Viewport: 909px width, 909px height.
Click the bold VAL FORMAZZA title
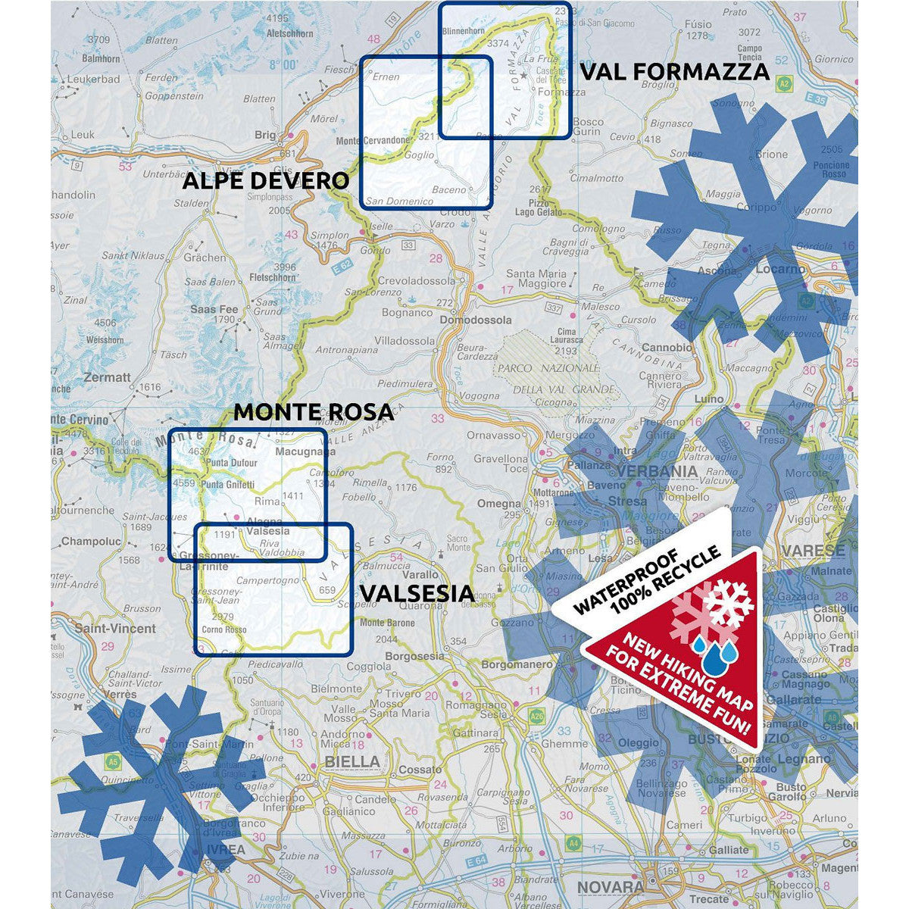coord(675,72)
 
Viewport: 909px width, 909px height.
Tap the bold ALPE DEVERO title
coord(266,181)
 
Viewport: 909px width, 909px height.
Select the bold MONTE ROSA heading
coord(314,411)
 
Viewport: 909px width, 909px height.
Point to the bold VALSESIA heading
coord(417,593)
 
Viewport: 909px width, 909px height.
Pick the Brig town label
coord(266,135)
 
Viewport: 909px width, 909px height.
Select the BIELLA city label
coord(351,761)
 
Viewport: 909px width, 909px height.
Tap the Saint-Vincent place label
coord(115,628)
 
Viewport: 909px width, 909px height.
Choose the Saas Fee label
coord(214,309)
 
